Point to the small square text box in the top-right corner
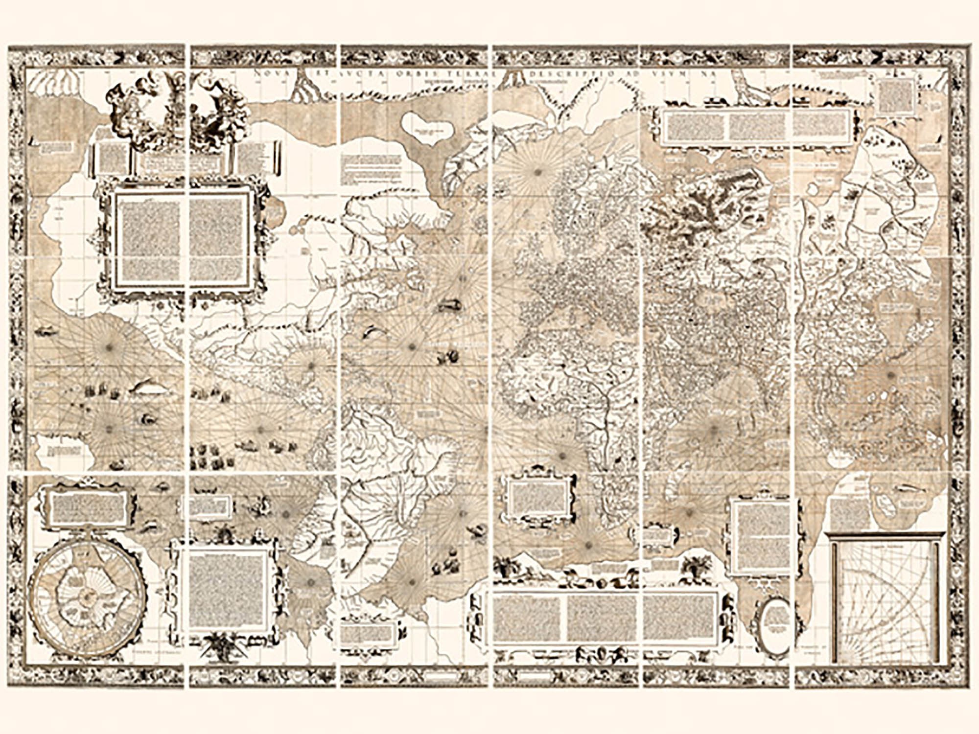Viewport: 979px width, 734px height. click(897, 96)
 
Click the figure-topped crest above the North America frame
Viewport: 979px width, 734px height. click(181, 110)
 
